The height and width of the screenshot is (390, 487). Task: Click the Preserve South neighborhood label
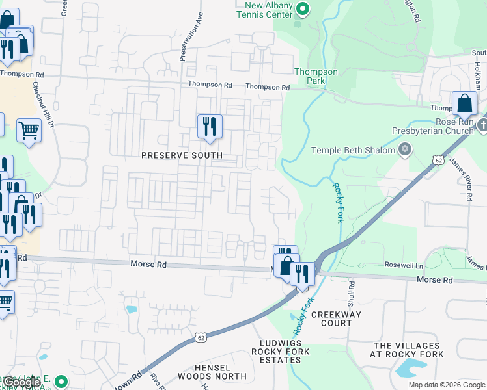click(x=182, y=155)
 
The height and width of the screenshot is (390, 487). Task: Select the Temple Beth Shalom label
click(x=354, y=150)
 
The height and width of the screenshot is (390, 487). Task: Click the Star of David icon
click(x=405, y=150)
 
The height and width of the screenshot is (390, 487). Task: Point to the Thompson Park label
click(x=316, y=76)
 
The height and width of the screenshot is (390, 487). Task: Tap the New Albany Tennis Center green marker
click(x=302, y=8)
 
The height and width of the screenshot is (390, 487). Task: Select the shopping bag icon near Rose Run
click(x=465, y=104)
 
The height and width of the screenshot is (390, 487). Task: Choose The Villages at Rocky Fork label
click(x=408, y=350)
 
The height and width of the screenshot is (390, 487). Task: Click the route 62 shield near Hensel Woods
click(x=201, y=337)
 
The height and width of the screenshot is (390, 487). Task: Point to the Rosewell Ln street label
click(x=404, y=265)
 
